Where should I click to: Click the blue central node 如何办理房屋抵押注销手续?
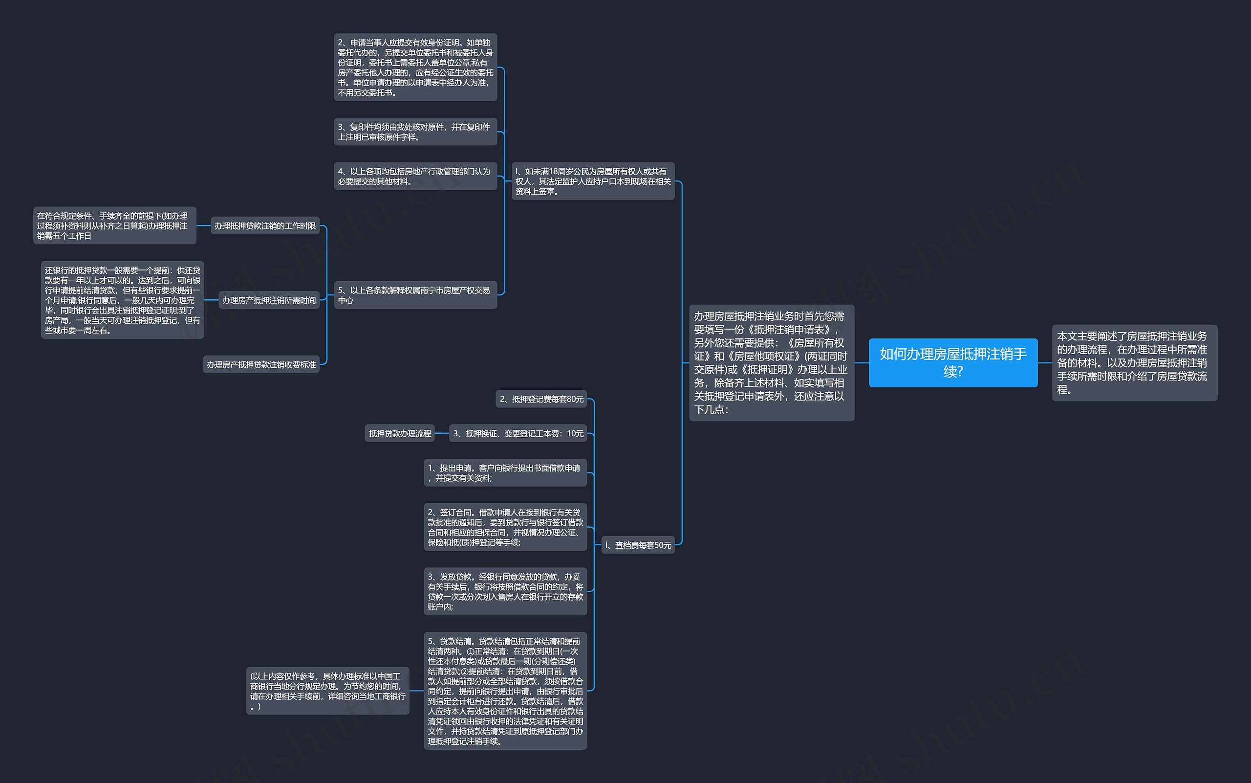[952, 362]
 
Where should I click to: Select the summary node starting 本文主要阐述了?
[1134, 362]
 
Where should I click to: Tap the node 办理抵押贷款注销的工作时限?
[265, 226]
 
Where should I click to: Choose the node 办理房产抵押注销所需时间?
[268, 300]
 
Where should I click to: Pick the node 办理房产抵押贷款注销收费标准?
[261, 364]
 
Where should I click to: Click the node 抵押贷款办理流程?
[399, 433]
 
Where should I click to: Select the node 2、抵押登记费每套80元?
[541, 399]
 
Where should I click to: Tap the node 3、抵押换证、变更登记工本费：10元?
[518, 433]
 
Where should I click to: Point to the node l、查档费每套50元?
[638, 545]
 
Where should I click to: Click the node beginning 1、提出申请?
[505, 473]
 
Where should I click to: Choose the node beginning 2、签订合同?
[505, 527]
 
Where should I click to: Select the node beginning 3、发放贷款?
[505, 591]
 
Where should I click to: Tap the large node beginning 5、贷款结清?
[505, 691]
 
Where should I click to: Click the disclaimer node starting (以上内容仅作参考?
[327, 691]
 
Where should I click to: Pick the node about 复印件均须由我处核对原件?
[415, 132]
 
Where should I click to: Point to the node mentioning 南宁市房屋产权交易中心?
[415, 295]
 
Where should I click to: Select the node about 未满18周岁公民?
[593, 181]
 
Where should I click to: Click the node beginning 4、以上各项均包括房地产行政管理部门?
[415, 176]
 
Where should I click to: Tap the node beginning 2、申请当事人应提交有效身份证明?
[415, 67]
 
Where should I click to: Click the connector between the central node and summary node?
[1045, 362]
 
